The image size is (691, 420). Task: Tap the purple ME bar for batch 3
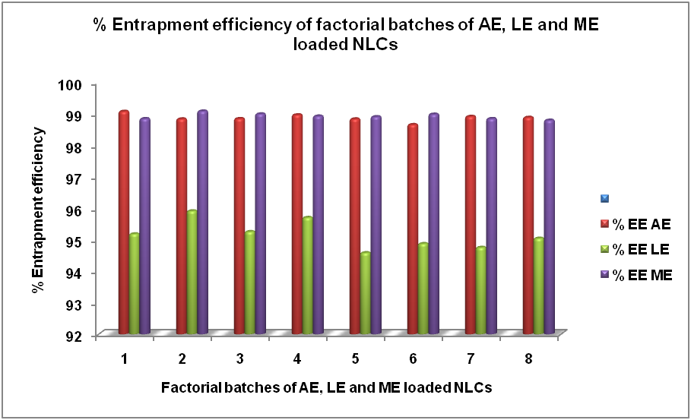point(260,224)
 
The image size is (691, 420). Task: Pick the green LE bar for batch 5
point(366,293)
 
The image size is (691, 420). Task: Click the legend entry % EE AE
point(636,224)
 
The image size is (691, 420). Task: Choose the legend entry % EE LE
point(636,249)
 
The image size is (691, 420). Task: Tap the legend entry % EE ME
point(636,274)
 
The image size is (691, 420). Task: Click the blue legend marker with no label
point(605,199)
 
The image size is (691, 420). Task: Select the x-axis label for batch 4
point(296,358)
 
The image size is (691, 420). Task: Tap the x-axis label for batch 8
point(529,358)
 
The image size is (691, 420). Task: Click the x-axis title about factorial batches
point(326,387)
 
